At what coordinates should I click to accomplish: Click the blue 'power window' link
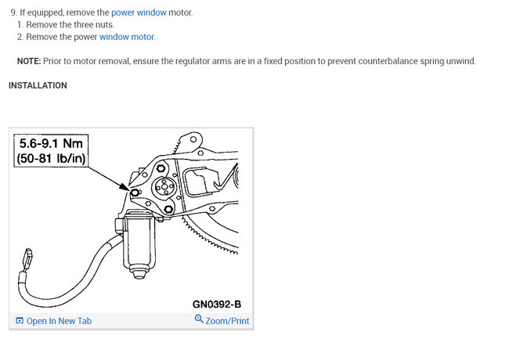point(139,13)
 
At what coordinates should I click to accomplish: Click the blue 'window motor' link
point(127,37)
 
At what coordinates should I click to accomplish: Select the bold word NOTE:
point(29,61)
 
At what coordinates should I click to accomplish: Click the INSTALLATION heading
point(38,85)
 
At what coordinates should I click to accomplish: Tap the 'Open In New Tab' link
point(59,321)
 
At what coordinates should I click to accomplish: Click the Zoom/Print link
point(227,321)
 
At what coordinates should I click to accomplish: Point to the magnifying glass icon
point(199,319)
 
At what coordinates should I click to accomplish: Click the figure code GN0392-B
point(217,304)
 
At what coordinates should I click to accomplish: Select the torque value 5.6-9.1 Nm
point(51,143)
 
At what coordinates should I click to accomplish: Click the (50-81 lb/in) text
point(51,158)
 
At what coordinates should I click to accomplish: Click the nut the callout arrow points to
point(135,193)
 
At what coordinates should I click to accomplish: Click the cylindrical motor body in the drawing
point(139,242)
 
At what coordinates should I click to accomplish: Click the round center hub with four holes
point(164,187)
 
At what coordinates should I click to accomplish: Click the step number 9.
point(14,13)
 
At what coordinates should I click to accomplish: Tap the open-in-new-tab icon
point(20,321)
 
